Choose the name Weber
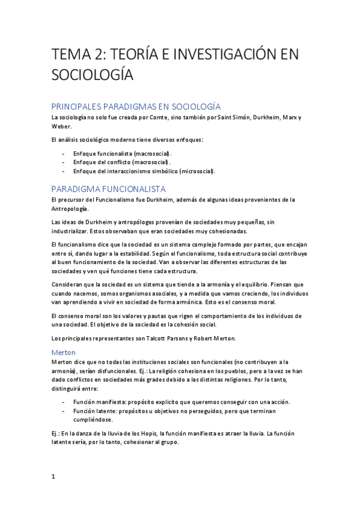[x=61, y=126]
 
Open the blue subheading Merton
[x=63, y=351]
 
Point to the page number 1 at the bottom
[x=53, y=476]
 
